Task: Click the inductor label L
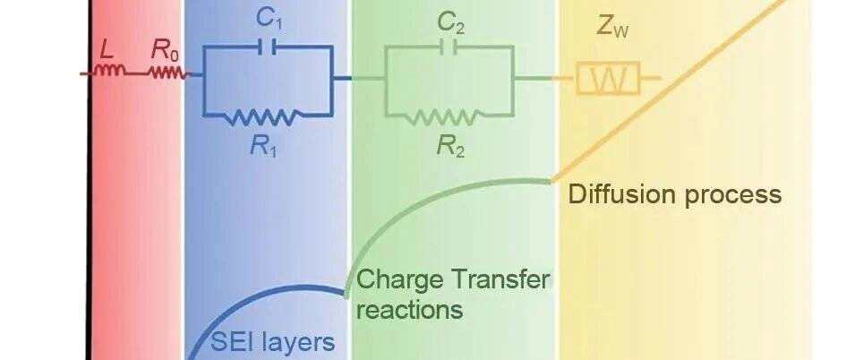tap(107, 51)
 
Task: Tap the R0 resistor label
tap(166, 50)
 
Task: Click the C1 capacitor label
tap(269, 20)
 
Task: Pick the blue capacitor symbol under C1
tap(268, 47)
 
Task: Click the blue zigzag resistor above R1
tap(263, 116)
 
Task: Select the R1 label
tap(263, 146)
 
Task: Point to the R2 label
tap(450, 146)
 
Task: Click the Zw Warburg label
tap(612, 28)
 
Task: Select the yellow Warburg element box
tap(608, 78)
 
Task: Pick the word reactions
tap(410, 310)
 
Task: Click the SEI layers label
tap(272, 342)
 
